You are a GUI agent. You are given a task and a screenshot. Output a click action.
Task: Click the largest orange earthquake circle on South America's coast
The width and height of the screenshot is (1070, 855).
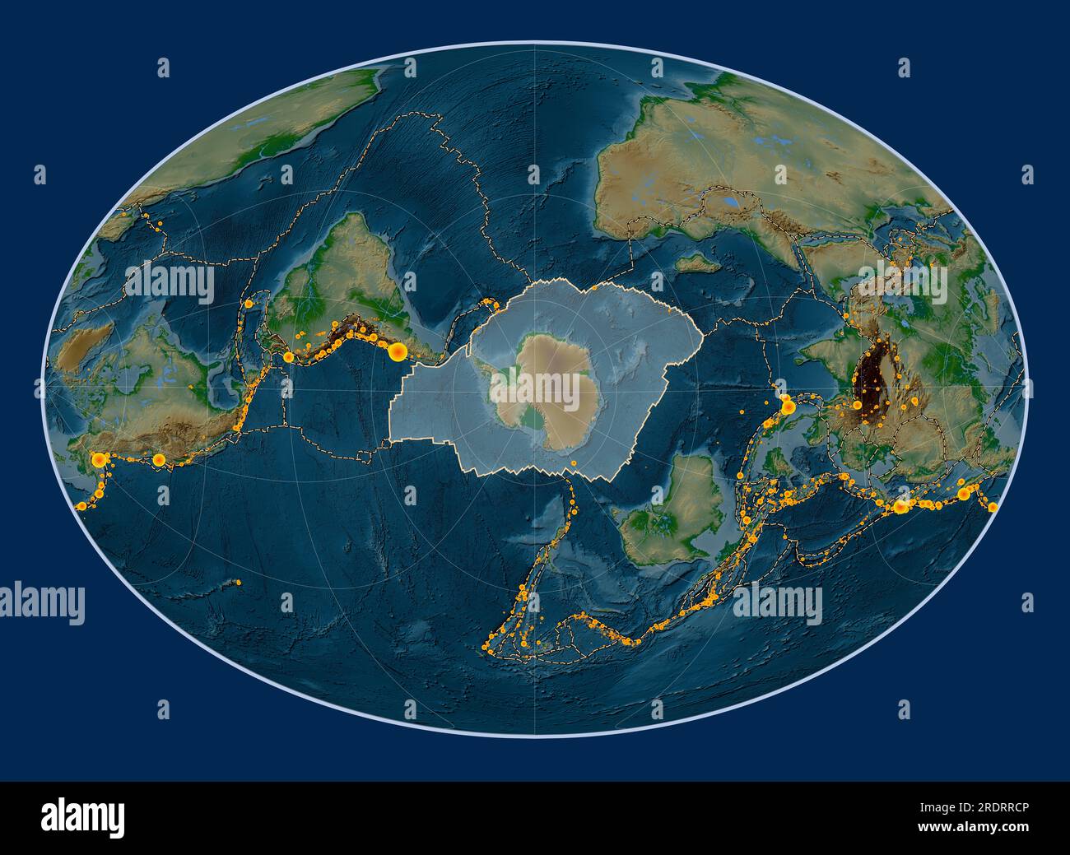(398, 352)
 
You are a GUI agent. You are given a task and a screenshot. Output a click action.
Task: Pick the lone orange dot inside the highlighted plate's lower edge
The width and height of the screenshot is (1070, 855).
(573, 463)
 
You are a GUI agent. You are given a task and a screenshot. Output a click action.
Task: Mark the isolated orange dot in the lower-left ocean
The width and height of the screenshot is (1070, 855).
(238, 583)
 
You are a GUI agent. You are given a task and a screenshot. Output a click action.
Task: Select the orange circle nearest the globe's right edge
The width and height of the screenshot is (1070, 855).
(992, 507)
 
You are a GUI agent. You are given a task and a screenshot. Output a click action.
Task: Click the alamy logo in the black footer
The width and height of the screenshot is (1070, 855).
(83, 817)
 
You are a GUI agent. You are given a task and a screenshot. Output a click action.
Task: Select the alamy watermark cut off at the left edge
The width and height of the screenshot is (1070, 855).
(41, 603)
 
